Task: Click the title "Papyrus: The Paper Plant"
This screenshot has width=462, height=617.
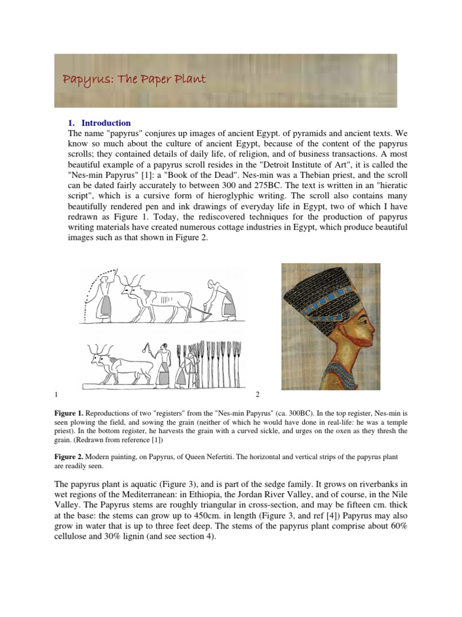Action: [x=135, y=80]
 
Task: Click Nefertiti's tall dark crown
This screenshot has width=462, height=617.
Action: [x=322, y=295]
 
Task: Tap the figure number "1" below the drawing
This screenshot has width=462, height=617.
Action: [x=56, y=394]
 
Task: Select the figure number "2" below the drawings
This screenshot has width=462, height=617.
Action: [x=257, y=394]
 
